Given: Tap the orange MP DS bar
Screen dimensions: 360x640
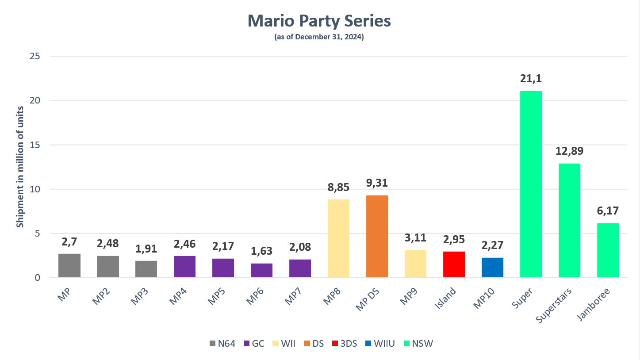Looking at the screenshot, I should click(377, 236).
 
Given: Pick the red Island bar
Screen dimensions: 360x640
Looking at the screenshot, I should click(454, 264).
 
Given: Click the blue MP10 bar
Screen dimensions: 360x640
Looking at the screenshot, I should click(492, 268).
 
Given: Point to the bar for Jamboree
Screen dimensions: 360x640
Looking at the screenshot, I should click(608, 250).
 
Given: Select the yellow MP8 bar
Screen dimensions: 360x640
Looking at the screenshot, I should click(338, 238).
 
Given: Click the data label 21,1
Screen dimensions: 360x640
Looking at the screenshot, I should click(531, 79).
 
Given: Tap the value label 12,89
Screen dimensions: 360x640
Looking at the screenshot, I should click(569, 151).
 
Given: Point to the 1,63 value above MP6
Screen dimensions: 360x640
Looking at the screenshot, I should click(261, 251).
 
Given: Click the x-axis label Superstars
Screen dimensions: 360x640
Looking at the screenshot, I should click(555, 305).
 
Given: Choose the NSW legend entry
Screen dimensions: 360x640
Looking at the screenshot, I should click(422, 343).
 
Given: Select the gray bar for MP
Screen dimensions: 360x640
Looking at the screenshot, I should click(69, 265).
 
